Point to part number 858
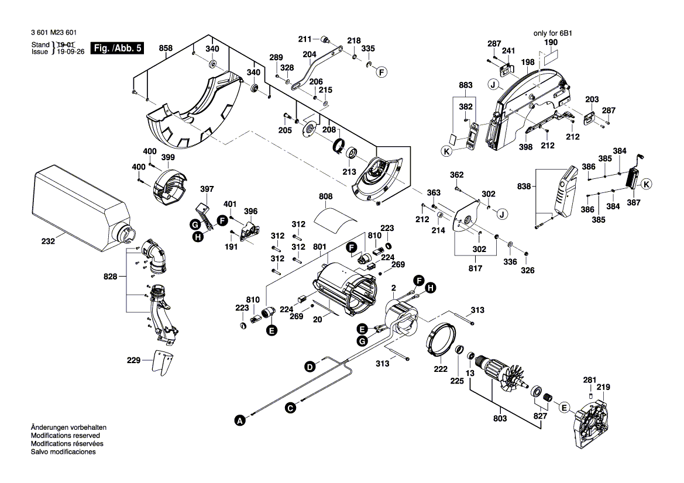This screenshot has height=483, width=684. [x=166, y=48]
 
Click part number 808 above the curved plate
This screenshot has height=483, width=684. [x=326, y=197]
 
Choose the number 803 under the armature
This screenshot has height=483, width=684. [x=500, y=419]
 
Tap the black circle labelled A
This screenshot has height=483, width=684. [x=239, y=419]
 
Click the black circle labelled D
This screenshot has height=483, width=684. [x=308, y=367]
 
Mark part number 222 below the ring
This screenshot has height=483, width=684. [x=440, y=369]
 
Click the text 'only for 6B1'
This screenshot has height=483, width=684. [x=552, y=34]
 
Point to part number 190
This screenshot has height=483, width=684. [x=551, y=43]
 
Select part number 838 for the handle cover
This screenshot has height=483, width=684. [x=524, y=187]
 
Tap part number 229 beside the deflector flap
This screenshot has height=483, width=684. [x=134, y=360]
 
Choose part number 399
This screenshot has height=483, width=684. [x=168, y=158]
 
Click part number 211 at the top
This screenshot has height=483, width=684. [x=304, y=39]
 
